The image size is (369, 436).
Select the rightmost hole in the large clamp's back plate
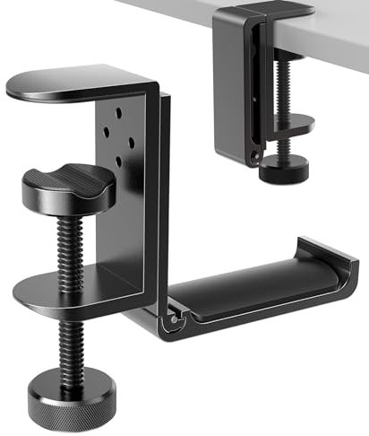133,139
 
